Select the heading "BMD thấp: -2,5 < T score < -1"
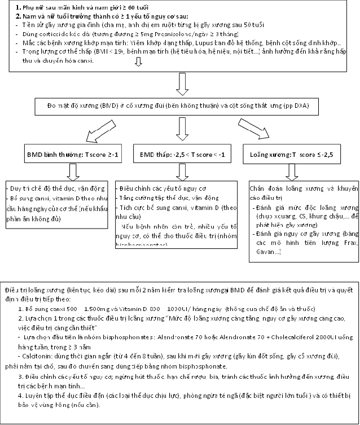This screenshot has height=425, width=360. click(x=178, y=153)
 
